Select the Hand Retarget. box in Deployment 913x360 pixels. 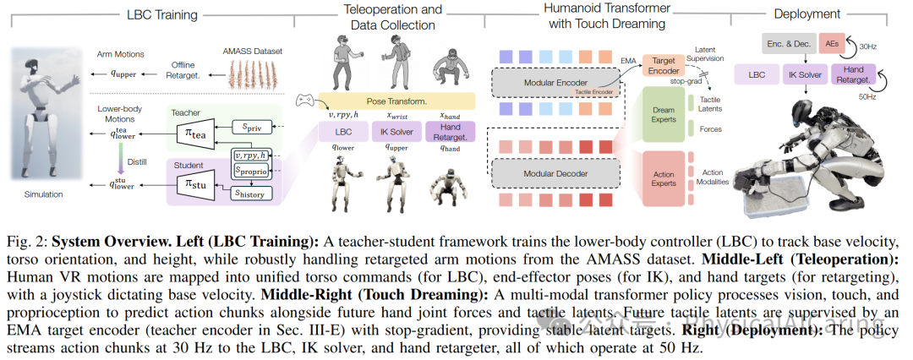pos(855,74)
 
